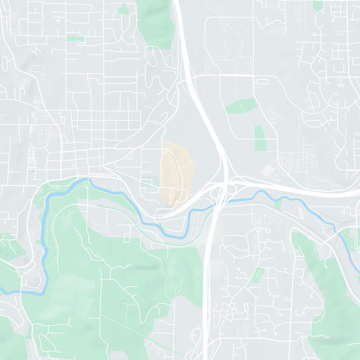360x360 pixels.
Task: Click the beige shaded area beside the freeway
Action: coord(176,171)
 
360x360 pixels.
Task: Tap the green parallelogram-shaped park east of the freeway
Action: coord(242,105)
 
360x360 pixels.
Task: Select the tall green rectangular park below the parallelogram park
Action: coord(259,138)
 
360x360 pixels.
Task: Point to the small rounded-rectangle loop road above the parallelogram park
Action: coord(261,81)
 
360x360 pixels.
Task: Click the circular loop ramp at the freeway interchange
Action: coord(232,189)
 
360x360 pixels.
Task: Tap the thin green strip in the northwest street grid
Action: coord(76,39)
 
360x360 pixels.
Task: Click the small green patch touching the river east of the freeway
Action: coord(278,204)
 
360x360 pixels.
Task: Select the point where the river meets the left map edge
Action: coord(1,292)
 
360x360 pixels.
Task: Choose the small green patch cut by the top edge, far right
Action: coord(318,5)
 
